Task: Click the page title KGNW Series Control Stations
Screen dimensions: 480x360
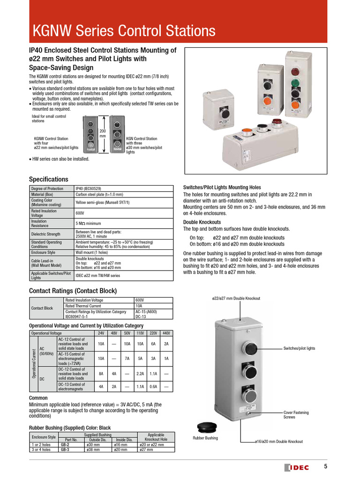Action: click(x=124, y=31)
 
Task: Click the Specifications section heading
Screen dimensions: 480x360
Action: click(x=48, y=180)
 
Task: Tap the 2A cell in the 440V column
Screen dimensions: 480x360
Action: click(x=165, y=343)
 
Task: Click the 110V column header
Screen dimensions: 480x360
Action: click(x=140, y=333)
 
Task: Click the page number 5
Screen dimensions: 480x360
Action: click(x=326, y=466)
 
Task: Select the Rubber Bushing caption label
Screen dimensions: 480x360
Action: click(x=205, y=438)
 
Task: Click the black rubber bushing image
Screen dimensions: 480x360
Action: click(x=206, y=427)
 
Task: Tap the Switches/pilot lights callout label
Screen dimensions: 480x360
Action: click(x=299, y=349)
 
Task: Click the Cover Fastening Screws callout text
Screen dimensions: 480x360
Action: click(x=296, y=415)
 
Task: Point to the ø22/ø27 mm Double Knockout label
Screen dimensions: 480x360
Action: click(x=236, y=299)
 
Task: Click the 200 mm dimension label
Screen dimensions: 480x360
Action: click(x=103, y=133)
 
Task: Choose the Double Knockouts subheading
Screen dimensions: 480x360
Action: click(x=202, y=222)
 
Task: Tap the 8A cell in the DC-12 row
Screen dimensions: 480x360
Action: click(x=101, y=374)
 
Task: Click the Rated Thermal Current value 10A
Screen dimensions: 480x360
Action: click(x=139, y=306)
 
